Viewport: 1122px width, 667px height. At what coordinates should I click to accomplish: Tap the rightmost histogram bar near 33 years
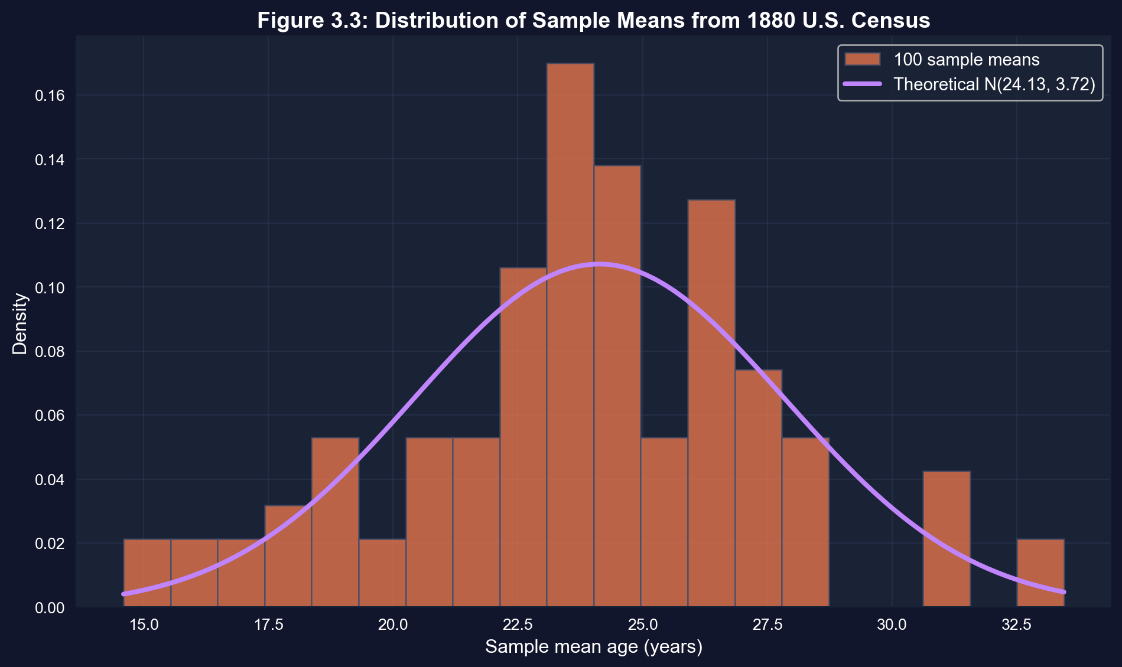(x=1040, y=573)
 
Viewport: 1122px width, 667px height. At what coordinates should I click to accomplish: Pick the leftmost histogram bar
(x=147, y=573)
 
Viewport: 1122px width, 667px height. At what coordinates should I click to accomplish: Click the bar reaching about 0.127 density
(x=711, y=401)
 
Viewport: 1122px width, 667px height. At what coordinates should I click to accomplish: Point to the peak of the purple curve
(x=599, y=264)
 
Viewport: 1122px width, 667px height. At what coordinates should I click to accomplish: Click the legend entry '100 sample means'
(x=967, y=60)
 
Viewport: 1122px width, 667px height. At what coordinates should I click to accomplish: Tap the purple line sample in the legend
(x=863, y=84)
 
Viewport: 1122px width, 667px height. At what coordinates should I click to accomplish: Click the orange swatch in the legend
(x=863, y=60)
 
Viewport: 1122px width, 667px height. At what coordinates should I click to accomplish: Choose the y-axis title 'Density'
(x=20, y=323)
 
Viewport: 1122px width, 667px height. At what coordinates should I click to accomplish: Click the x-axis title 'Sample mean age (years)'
(x=594, y=648)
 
